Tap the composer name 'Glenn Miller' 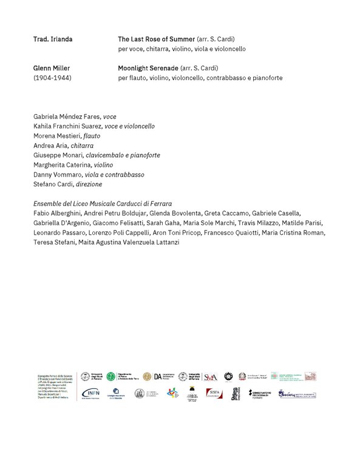pyautogui.click(x=51, y=68)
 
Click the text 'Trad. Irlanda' pyautogui.click(x=52, y=39)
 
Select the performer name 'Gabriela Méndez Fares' pyautogui.click(x=67, y=116)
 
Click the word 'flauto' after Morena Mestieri pyautogui.click(x=92, y=136)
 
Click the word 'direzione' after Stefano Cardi pyautogui.click(x=89, y=184)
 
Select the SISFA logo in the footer pyautogui.click(x=212, y=393)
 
